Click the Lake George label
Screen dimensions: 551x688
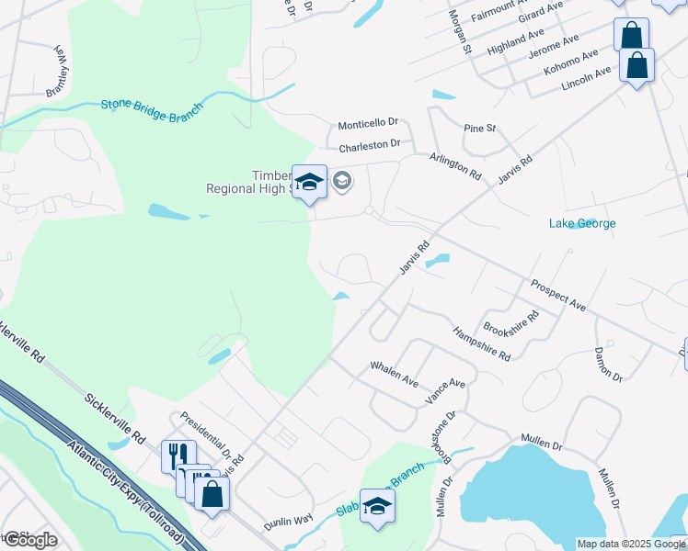point(582,223)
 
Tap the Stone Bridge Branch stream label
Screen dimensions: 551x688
point(152,107)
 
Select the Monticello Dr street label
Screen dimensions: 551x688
point(368,123)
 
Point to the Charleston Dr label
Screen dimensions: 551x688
point(370,145)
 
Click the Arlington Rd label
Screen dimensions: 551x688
point(455,166)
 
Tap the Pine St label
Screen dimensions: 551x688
point(479,129)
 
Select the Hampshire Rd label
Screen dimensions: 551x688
point(481,343)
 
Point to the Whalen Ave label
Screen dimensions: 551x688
point(394,374)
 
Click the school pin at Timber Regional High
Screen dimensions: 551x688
point(310,181)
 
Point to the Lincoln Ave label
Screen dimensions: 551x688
point(586,79)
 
